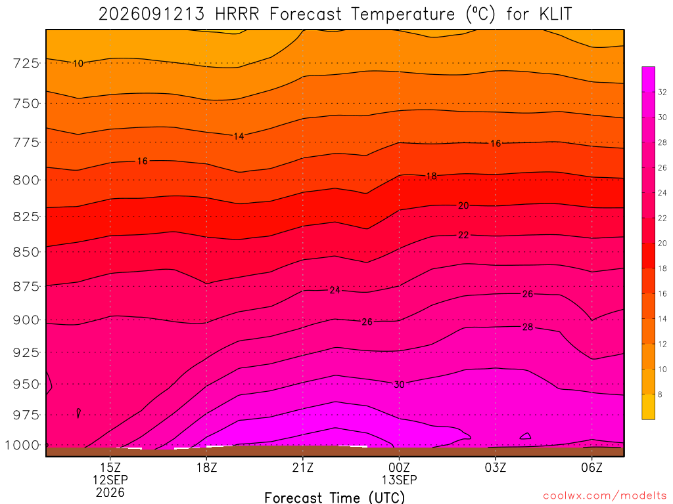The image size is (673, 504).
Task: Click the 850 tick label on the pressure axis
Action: (x=26, y=252)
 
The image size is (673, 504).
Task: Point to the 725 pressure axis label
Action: (x=26, y=64)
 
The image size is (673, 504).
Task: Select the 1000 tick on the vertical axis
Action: (x=22, y=446)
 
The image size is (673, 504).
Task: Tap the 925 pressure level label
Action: (x=26, y=352)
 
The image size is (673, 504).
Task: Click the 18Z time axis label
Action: (x=207, y=467)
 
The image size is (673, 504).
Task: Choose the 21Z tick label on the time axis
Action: (x=303, y=467)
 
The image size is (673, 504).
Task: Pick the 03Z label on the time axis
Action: (x=496, y=467)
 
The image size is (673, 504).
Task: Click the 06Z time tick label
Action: (x=592, y=467)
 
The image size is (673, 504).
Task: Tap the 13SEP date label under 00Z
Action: (x=399, y=480)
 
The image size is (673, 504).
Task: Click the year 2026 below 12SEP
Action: (x=110, y=492)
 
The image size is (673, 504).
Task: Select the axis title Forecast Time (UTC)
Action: (x=335, y=497)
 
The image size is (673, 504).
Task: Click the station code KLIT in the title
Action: (x=555, y=14)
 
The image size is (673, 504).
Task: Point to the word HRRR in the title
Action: (x=237, y=14)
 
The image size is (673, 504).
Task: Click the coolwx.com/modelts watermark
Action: (x=605, y=496)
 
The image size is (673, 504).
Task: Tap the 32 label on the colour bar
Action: (x=662, y=92)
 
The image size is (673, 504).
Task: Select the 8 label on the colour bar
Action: (x=660, y=394)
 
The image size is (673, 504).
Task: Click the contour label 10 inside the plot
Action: (x=78, y=64)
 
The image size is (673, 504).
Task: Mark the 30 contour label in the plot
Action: (x=399, y=385)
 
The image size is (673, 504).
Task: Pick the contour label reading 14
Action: (x=239, y=136)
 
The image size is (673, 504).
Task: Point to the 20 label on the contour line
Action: (x=463, y=205)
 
